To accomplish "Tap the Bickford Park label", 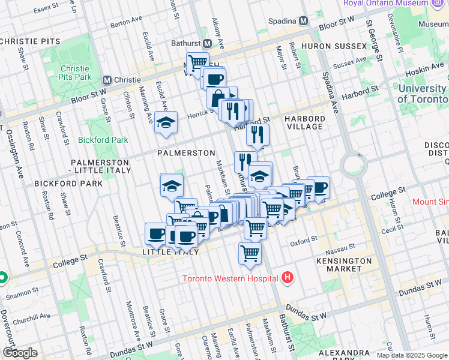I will (103, 140).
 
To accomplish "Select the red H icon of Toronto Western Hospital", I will (288, 278).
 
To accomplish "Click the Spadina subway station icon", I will (303, 21).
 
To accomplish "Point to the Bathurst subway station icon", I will (207, 44).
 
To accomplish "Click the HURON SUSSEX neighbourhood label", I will (333, 46).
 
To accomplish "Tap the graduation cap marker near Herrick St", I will (166, 123).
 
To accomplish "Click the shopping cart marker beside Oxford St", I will (250, 252).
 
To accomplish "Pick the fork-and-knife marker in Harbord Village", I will (258, 134).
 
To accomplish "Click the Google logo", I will (20, 353).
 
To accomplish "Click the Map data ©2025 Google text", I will (412, 355).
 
